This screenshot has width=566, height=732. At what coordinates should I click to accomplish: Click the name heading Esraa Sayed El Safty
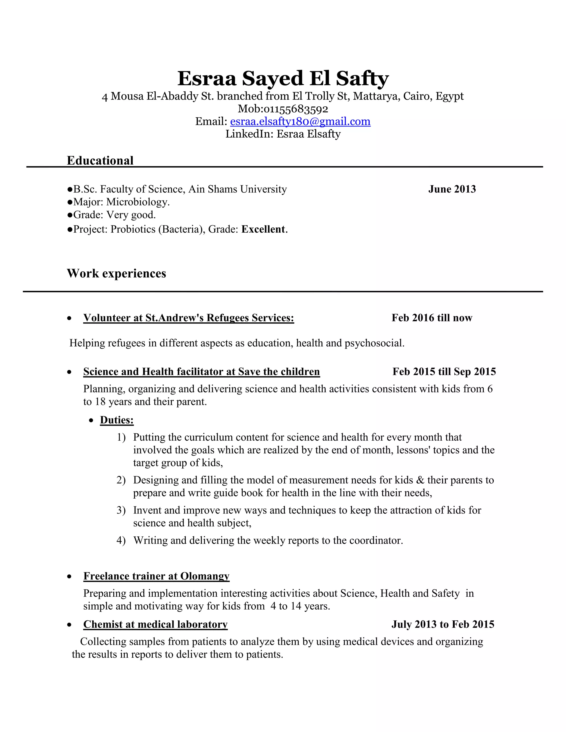[283, 78]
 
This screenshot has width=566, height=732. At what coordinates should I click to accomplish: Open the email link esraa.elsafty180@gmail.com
[300, 121]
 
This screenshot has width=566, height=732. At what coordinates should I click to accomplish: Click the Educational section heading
[100, 160]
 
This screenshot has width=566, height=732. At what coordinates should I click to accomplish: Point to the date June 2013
[452, 189]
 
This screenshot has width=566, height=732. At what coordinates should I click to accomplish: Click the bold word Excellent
[263, 229]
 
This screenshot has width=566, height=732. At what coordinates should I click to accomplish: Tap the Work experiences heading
[116, 273]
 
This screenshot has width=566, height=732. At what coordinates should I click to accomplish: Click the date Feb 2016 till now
[431, 318]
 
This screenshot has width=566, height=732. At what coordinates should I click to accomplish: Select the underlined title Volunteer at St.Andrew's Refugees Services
[188, 318]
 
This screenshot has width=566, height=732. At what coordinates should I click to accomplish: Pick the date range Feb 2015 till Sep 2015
[444, 372]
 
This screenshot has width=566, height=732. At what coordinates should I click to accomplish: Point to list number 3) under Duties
[121, 510]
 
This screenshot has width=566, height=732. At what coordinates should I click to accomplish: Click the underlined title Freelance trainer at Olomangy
[156, 576]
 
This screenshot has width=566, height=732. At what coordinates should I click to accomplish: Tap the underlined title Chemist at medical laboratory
[155, 625]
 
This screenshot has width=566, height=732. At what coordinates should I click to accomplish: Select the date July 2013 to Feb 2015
[443, 625]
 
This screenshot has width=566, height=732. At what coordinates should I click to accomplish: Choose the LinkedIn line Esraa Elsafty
[283, 134]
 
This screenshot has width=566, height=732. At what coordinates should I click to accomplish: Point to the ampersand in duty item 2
[420, 480]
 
